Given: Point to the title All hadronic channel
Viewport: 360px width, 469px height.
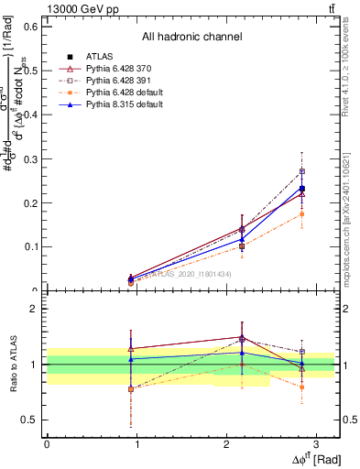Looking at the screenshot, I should (191, 37).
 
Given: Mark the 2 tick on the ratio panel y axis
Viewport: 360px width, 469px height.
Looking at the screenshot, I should (35, 309).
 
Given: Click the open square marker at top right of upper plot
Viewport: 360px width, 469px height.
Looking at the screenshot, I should (302, 171).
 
